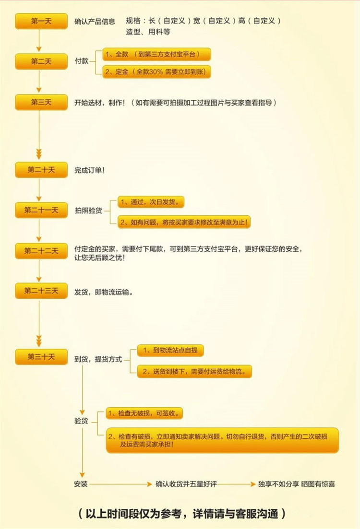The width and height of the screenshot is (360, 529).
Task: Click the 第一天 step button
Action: tap(41, 21)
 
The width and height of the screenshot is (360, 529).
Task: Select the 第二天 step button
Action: tap(41, 61)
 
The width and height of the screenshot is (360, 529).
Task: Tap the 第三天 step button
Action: tap(41, 103)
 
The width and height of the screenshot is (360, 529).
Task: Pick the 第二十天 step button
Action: tap(41, 170)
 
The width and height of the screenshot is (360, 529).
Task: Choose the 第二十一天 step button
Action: tap(41, 210)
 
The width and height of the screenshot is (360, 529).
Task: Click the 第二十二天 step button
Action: tap(41, 251)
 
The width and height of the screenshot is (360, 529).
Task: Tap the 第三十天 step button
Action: tap(41, 357)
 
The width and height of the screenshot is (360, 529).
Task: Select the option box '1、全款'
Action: tap(157, 54)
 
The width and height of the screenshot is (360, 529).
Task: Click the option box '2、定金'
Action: tap(157, 71)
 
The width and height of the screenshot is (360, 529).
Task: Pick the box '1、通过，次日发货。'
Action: tap(151, 202)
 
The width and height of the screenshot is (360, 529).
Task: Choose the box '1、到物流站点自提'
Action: tap(170, 351)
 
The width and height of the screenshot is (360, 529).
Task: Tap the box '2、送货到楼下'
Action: tap(194, 371)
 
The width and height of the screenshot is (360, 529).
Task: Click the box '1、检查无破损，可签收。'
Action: tap(145, 413)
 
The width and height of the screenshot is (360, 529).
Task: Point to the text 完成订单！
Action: tap(90, 170)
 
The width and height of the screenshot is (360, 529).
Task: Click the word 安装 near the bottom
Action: tap(81, 484)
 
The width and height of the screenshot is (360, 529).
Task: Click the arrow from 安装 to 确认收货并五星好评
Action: tap(120, 484)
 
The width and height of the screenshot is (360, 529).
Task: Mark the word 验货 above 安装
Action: tap(81, 421)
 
